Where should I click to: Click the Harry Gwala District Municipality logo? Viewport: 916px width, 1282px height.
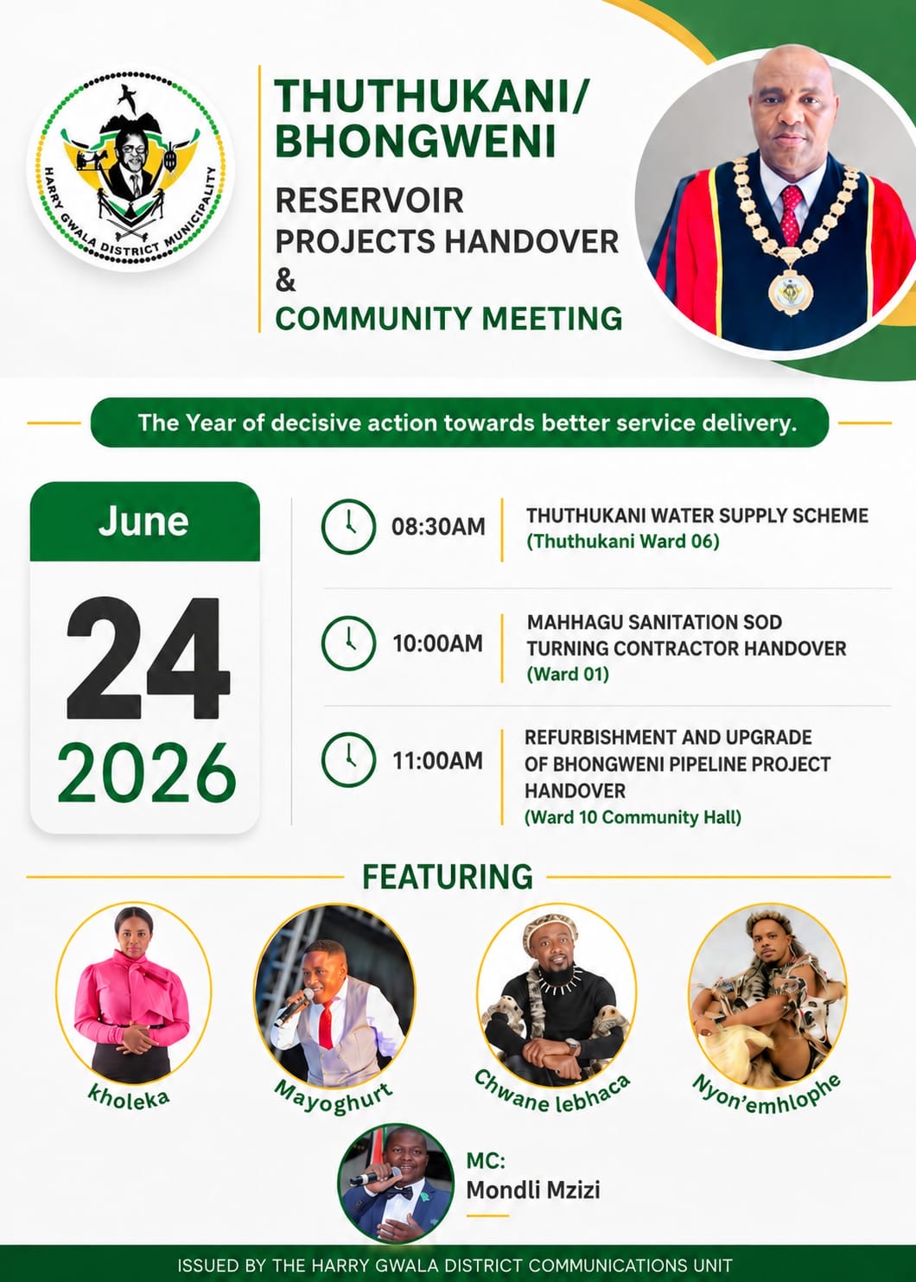pos(130,167)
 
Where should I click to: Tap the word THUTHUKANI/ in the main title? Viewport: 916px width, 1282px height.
pos(431,96)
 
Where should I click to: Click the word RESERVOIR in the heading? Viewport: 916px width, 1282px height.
pos(370,200)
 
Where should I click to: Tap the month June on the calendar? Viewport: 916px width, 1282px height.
pos(143,521)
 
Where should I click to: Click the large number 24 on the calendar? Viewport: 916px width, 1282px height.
pos(149,658)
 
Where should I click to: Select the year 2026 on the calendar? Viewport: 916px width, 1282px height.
pos(147,772)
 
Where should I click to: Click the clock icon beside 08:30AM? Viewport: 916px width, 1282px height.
pos(348,526)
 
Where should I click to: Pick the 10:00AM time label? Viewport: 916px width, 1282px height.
pos(438,644)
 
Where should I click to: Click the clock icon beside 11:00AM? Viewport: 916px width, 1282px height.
pos(348,759)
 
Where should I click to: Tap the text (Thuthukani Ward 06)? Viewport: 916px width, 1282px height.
pos(623,542)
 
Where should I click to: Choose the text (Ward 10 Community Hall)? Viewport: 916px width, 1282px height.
pos(633,817)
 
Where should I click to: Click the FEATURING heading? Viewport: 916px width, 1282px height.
pos(447,877)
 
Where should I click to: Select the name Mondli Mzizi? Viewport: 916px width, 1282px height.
pos(533,1190)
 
